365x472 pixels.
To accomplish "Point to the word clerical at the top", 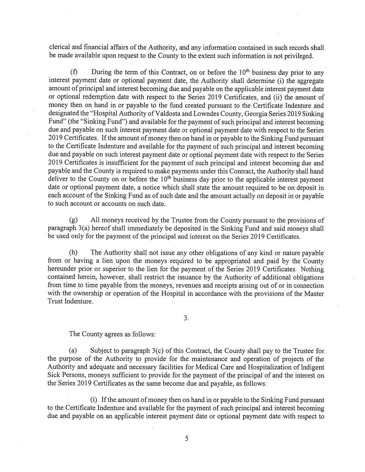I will pyautogui.click(x=58, y=47).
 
